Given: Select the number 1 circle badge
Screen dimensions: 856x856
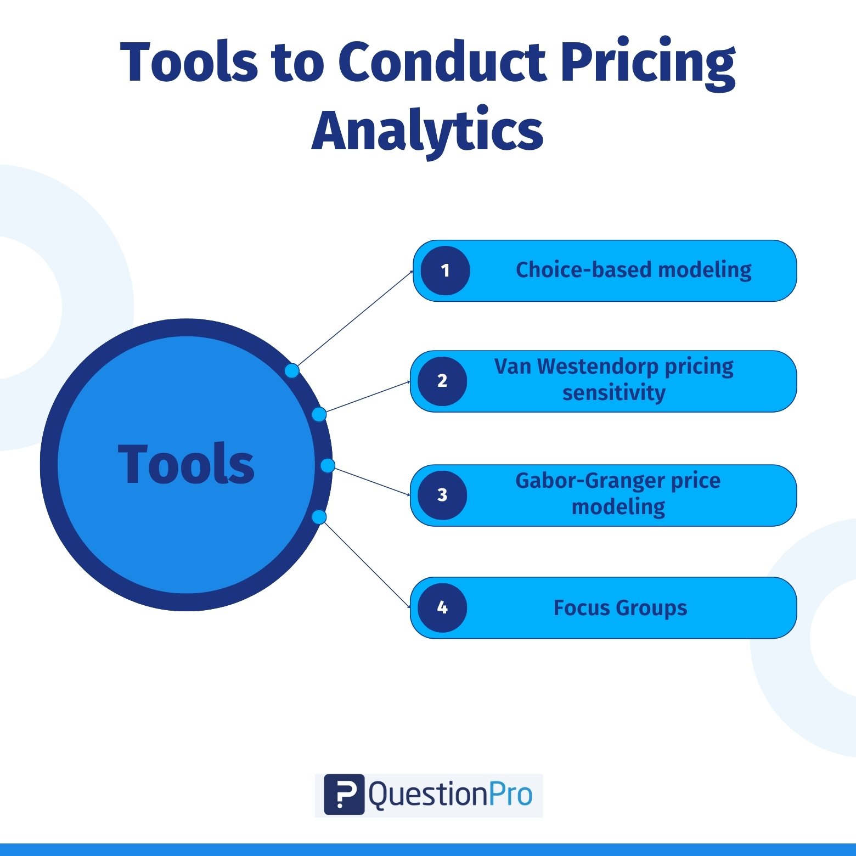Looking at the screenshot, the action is click(x=445, y=271).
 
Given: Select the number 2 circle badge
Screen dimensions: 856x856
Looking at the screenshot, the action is click(x=442, y=381).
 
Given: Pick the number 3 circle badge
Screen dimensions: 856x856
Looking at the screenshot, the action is click(x=442, y=495).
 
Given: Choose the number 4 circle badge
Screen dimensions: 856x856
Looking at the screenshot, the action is click(x=442, y=607).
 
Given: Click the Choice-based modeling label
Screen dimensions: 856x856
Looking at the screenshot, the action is click(x=634, y=270).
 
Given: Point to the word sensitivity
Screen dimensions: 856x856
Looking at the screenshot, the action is click(x=614, y=393).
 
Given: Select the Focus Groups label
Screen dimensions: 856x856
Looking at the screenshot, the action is click(x=620, y=608).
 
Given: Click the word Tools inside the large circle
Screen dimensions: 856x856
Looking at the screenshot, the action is click(x=187, y=464).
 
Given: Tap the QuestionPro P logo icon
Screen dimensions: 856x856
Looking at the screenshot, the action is click(x=344, y=795).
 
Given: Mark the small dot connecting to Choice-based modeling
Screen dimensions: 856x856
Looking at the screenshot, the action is click(x=292, y=371).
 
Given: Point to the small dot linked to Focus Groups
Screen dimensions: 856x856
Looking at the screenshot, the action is click(x=319, y=517).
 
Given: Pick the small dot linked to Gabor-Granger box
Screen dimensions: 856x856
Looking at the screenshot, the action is click(x=328, y=466).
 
